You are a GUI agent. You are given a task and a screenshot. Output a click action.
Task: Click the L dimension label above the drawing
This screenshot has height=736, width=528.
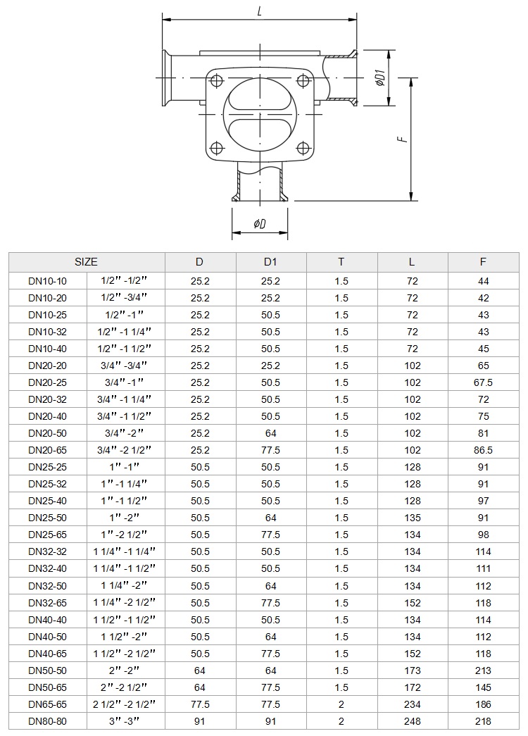coord(260,12)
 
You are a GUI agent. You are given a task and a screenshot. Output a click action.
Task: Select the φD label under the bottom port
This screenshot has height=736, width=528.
coord(260,224)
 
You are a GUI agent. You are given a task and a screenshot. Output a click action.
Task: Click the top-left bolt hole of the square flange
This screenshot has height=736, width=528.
coord(216,81)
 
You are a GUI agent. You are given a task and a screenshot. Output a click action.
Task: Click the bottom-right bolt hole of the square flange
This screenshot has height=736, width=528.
coord(304,149)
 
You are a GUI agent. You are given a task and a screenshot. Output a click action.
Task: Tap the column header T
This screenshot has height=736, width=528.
coord(341,262)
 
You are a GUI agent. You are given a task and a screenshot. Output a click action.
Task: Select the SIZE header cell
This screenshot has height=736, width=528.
coord(87,262)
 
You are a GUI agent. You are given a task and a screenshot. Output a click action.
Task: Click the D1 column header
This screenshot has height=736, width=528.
coord(270,262)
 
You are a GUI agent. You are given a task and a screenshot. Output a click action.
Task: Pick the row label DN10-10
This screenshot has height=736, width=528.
coord(47,281)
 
